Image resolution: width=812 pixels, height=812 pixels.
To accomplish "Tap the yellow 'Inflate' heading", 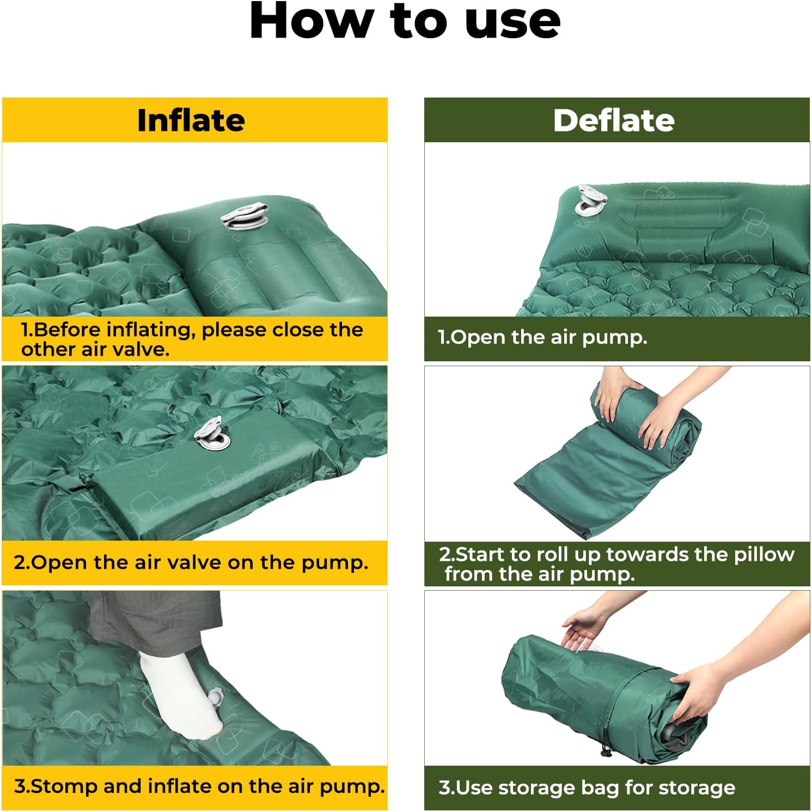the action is click(x=191, y=120).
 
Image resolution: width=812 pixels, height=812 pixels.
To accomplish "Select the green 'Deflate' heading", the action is click(x=614, y=120).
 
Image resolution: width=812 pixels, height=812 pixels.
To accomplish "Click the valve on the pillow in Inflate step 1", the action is click(x=245, y=217).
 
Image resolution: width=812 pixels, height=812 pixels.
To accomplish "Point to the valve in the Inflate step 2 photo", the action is click(x=212, y=434).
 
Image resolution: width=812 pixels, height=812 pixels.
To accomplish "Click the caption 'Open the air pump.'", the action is click(x=543, y=337).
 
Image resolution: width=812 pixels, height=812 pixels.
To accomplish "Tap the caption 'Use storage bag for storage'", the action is click(x=587, y=787).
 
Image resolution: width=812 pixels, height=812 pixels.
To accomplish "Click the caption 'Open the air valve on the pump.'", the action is click(x=191, y=562).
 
